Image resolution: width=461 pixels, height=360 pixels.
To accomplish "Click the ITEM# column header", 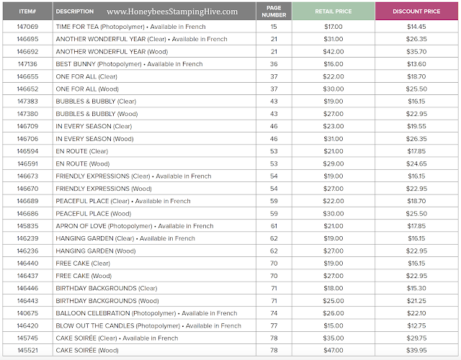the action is [27, 12].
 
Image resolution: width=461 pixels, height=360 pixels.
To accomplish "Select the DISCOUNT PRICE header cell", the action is [416, 12].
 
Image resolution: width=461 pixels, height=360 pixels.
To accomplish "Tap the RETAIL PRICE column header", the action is [333, 12].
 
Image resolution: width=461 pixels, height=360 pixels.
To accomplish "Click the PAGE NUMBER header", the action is [274, 12].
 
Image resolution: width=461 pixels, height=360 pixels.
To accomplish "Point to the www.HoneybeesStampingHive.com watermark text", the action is [172, 12].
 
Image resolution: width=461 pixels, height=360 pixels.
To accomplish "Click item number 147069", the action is [27, 27].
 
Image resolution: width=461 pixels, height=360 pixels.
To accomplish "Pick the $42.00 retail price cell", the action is [333, 52].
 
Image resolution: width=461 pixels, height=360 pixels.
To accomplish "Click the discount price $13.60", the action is [416, 64].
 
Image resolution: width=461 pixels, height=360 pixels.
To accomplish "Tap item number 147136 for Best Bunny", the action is [27, 64].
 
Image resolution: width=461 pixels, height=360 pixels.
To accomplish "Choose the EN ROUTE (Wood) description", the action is [83, 163].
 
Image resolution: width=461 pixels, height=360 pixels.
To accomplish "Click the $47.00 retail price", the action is [333, 351].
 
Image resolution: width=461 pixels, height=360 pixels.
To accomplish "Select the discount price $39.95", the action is [416, 351].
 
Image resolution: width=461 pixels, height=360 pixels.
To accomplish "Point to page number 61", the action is [274, 226].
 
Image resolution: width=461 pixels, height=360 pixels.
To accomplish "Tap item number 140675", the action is [27, 313].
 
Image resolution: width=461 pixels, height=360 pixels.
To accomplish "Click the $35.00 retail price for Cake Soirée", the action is [333, 338].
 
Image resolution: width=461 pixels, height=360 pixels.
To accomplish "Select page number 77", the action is [274, 325].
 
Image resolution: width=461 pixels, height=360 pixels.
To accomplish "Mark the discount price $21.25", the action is [416, 301].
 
